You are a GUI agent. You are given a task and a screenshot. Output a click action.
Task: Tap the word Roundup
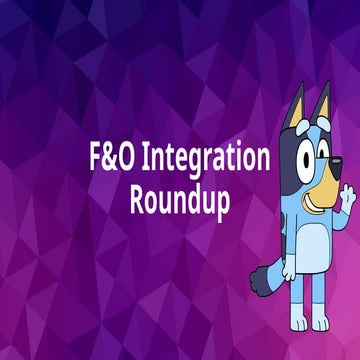(180, 198)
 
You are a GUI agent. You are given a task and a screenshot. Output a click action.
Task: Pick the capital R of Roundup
(138, 197)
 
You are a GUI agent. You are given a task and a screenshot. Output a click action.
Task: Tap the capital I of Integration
(145, 158)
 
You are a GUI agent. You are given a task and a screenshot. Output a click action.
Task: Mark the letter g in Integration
(203, 163)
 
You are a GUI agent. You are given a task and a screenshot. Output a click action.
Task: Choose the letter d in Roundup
(192, 197)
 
